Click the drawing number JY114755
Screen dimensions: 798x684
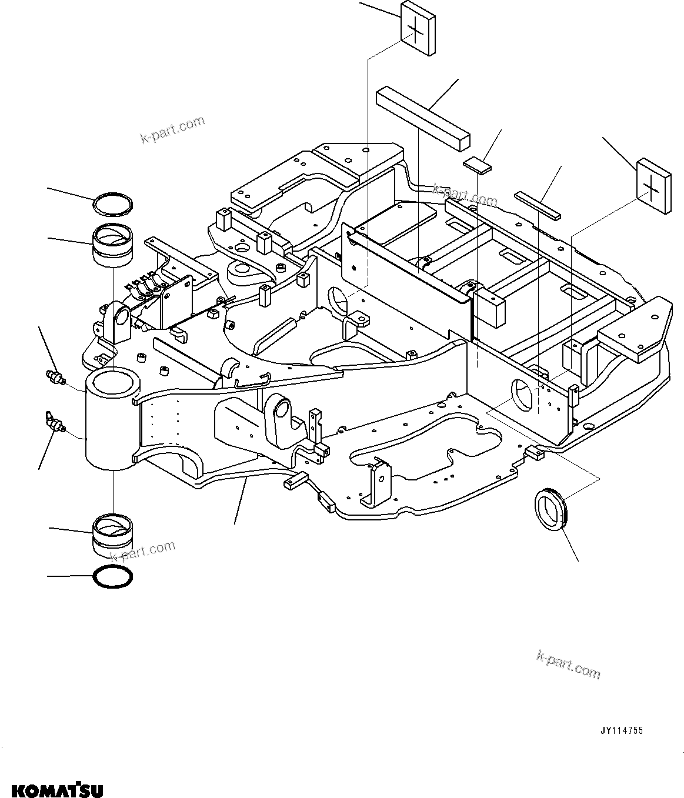(x=621, y=731)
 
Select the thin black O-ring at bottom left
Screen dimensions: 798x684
(x=114, y=577)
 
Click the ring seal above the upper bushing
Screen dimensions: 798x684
(x=113, y=204)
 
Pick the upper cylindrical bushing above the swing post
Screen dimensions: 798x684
(x=113, y=246)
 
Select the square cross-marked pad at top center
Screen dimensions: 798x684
(x=418, y=29)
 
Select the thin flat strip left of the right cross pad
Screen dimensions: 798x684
(x=538, y=204)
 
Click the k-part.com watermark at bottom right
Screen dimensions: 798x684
(x=568, y=663)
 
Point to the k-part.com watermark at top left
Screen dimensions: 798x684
(x=173, y=129)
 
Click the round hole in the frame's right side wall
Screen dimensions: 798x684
(x=521, y=395)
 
